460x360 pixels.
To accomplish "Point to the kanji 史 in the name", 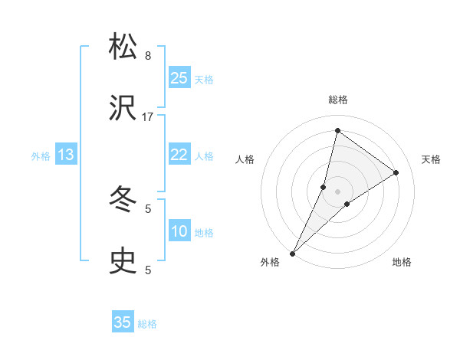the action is [x=123, y=261].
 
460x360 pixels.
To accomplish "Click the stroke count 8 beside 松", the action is [x=148, y=55].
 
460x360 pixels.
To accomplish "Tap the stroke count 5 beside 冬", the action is [x=148, y=208].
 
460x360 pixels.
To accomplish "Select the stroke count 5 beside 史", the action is [x=148, y=270].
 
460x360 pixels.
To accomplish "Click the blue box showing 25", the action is [x=179, y=78].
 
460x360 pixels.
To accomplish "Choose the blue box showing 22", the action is [x=179, y=155].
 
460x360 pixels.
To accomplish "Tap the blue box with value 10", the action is [x=179, y=231].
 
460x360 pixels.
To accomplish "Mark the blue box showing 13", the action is [x=66, y=155].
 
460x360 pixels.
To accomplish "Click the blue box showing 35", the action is [x=123, y=322].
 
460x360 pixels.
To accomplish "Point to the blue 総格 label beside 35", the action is [x=147, y=324].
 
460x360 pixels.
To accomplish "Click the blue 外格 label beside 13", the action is [x=41, y=156].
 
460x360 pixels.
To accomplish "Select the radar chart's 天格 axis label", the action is [x=431, y=159].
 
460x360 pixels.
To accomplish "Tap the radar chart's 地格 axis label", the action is [x=402, y=263].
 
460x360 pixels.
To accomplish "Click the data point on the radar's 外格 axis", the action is [x=292, y=253].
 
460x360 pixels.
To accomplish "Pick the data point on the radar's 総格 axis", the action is [x=337, y=129].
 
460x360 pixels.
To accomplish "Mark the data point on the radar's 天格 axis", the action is [x=396, y=172].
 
